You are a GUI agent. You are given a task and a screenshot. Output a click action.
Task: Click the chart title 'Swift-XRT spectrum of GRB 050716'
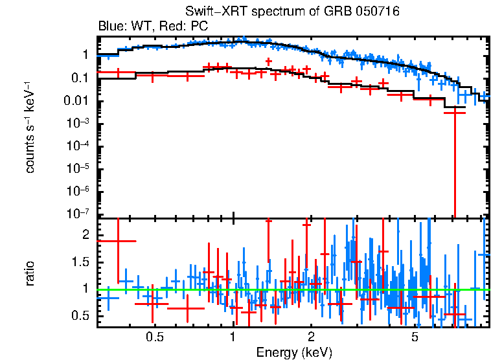(x=292, y=12)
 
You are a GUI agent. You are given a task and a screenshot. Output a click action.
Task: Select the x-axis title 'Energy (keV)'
(x=294, y=352)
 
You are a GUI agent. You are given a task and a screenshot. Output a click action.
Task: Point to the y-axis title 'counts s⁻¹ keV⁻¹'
(x=30, y=127)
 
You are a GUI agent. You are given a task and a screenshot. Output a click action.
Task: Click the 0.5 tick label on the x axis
(x=154, y=337)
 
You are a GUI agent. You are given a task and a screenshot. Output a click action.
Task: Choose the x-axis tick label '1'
(x=233, y=337)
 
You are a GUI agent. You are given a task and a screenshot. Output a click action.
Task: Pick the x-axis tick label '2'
(x=311, y=337)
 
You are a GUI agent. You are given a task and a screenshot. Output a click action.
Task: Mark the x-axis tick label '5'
(x=415, y=337)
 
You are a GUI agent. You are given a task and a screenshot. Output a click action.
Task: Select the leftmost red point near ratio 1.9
(x=117, y=241)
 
